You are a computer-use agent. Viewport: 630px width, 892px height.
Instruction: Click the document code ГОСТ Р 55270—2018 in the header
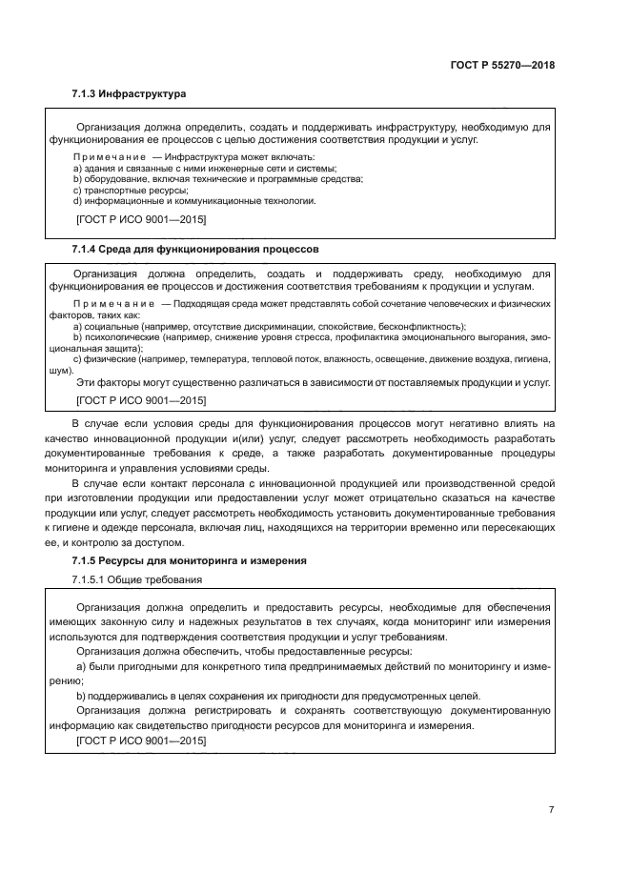click(501, 66)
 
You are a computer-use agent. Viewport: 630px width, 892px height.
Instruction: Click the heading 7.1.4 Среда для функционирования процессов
click(194, 249)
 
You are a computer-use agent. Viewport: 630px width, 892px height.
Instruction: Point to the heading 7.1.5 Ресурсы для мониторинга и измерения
click(189, 561)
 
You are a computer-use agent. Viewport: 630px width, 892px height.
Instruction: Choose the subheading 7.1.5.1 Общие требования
click(136, 580)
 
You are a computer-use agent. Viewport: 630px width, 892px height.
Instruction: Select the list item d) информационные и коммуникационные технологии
click(194, 201)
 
